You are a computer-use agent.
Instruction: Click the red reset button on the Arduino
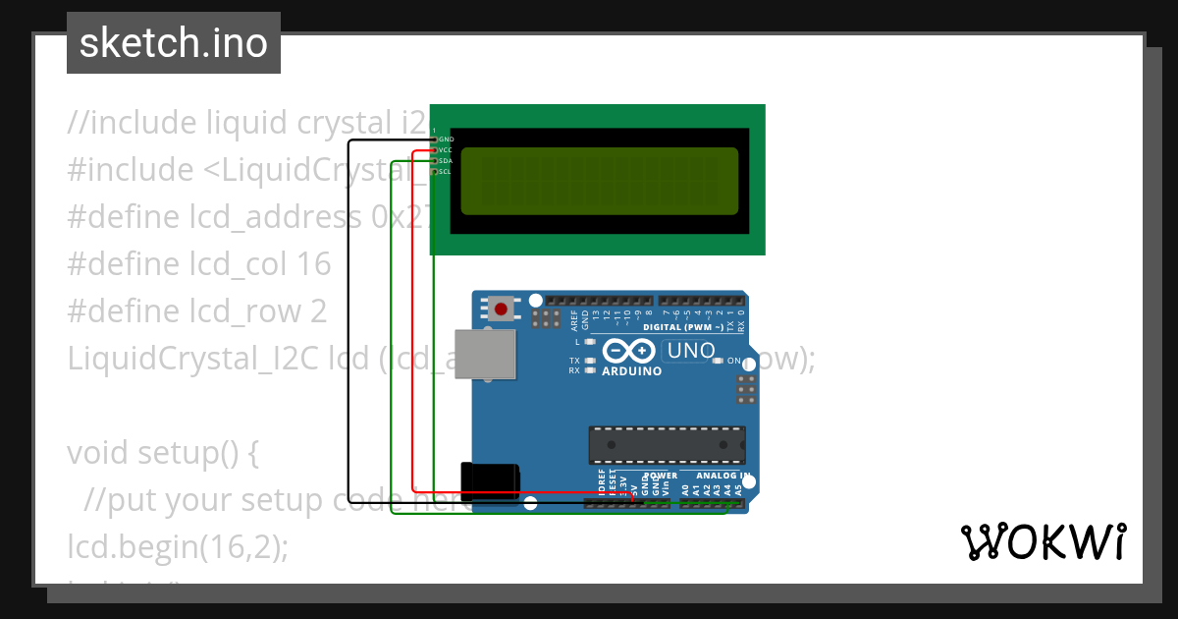(502, 309)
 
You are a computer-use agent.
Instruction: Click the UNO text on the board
(690, 350)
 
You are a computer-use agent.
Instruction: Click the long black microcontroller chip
(667, 444)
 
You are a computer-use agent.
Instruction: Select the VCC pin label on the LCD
(446, 150)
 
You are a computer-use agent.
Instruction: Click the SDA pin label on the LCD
(446, 160)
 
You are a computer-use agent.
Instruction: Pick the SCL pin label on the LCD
(446, 171)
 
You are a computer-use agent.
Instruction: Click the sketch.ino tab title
(174, 43)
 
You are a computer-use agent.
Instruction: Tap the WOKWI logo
(1044, 542)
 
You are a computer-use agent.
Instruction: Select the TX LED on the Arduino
(589, 361)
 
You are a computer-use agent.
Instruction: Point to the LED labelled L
(590, 342)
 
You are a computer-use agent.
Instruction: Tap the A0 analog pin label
(685, 487)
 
